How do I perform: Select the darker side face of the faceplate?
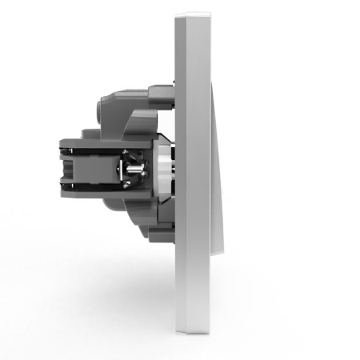pyautogui.click(x=181, y=172)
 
